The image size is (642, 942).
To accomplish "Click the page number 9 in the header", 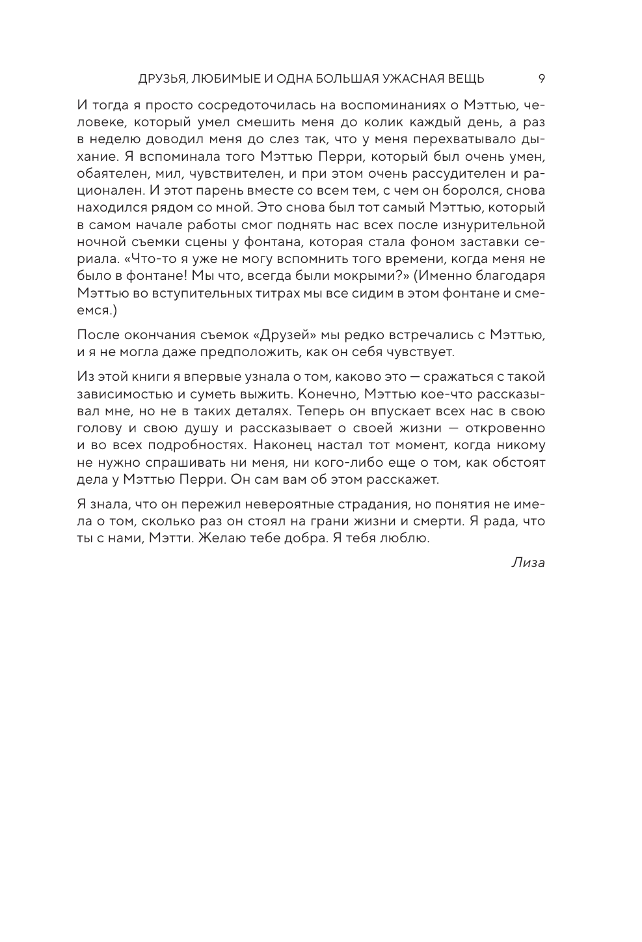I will (x=541, y=79).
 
